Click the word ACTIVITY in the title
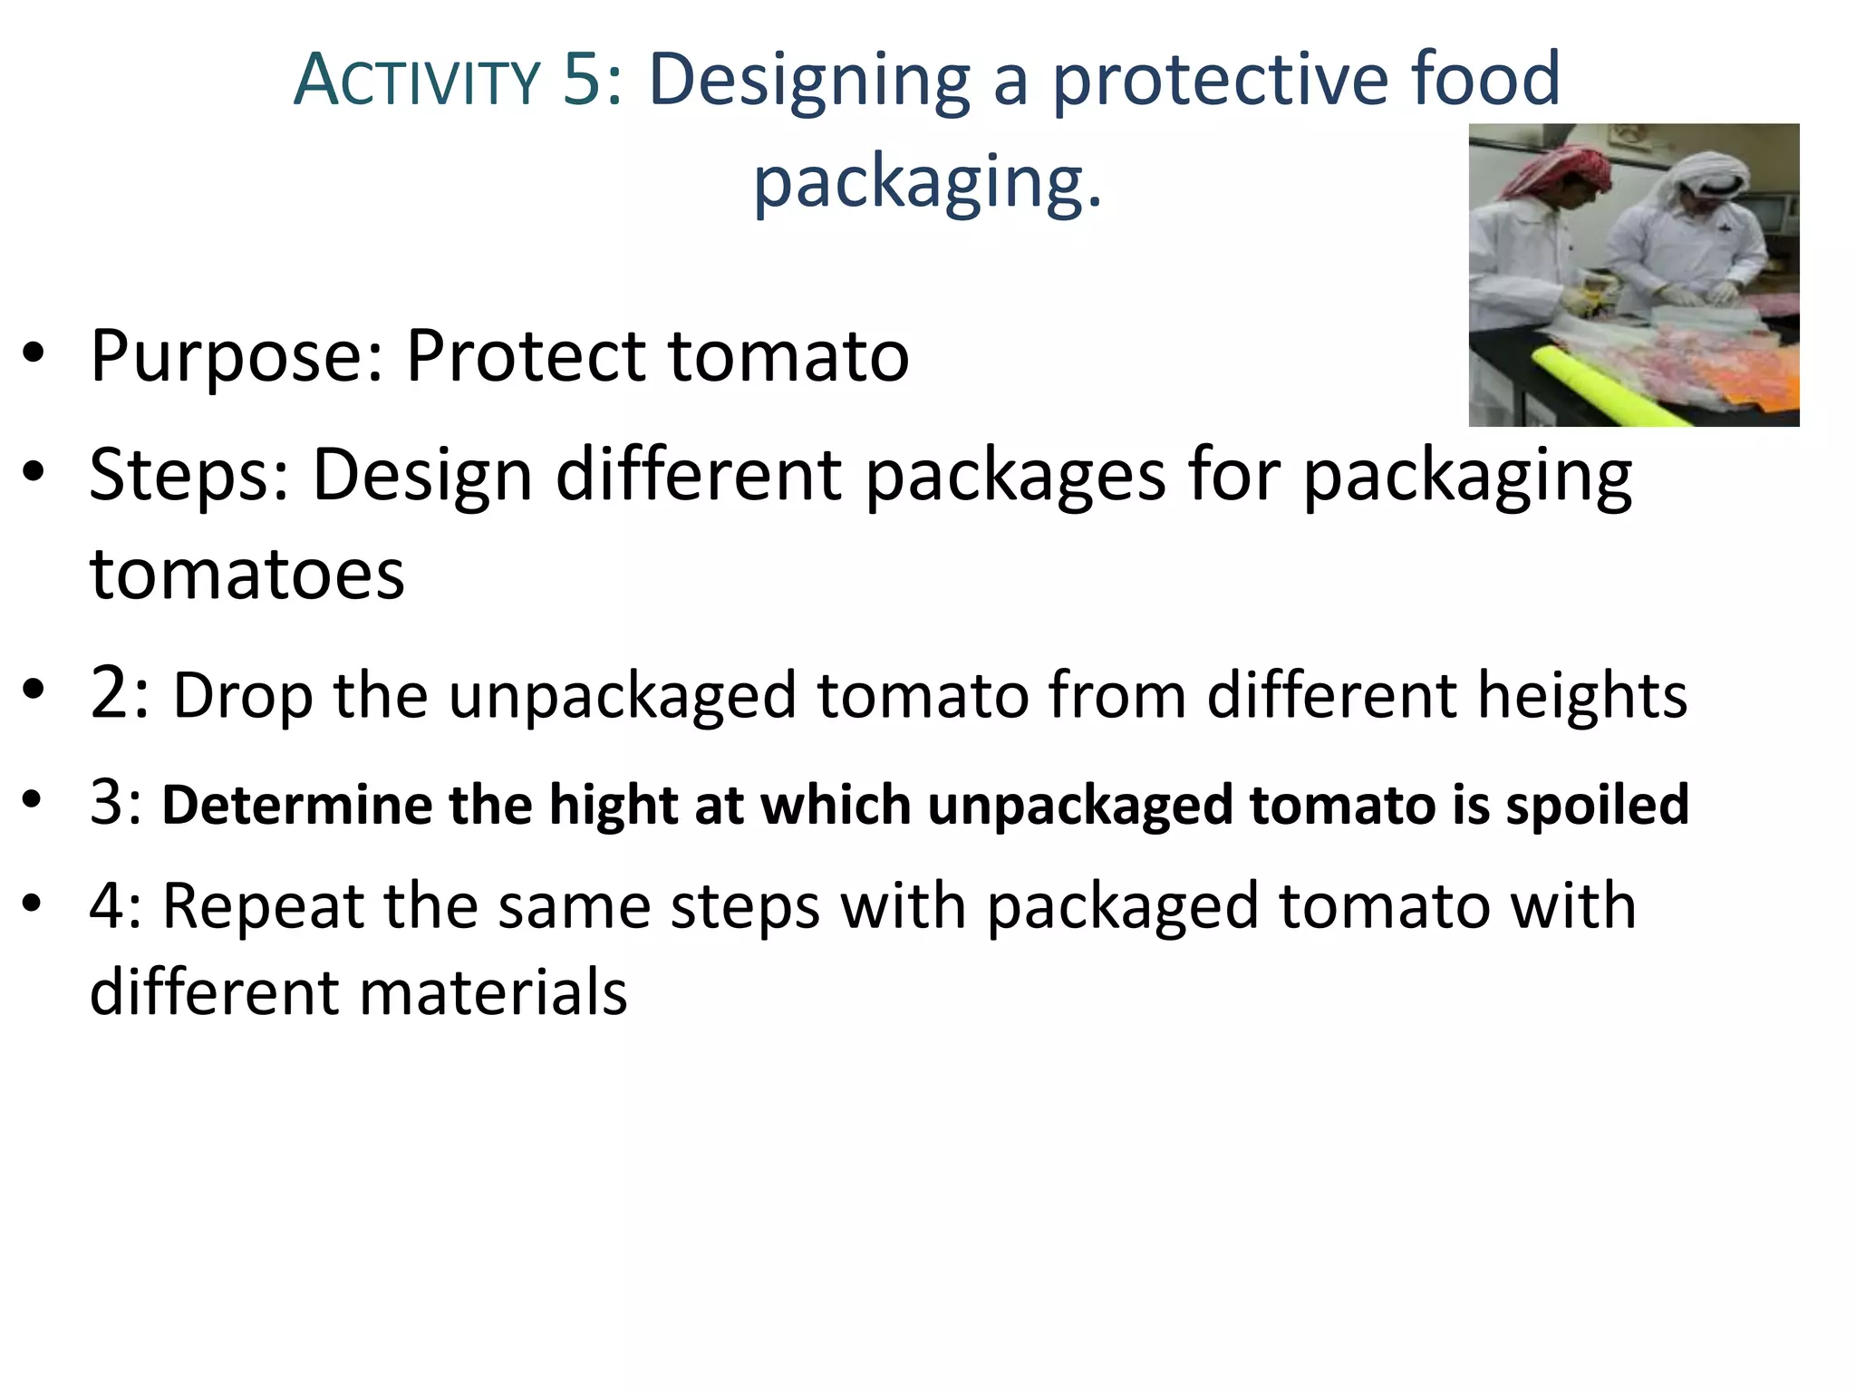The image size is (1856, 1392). pos(417,81)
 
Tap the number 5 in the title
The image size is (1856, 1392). pos(582,79)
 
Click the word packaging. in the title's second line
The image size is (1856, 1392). pos(927,181)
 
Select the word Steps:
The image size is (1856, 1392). pos(189,475)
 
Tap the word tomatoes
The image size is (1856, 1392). pos(246,575)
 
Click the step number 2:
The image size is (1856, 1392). pos(119,693)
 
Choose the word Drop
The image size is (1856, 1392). pos(242,695)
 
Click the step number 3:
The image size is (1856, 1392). pos(116,802)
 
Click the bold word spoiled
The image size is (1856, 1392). pos(1597,805)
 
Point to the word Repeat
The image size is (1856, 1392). pos(263,906)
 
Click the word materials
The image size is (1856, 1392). pos(493,991)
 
